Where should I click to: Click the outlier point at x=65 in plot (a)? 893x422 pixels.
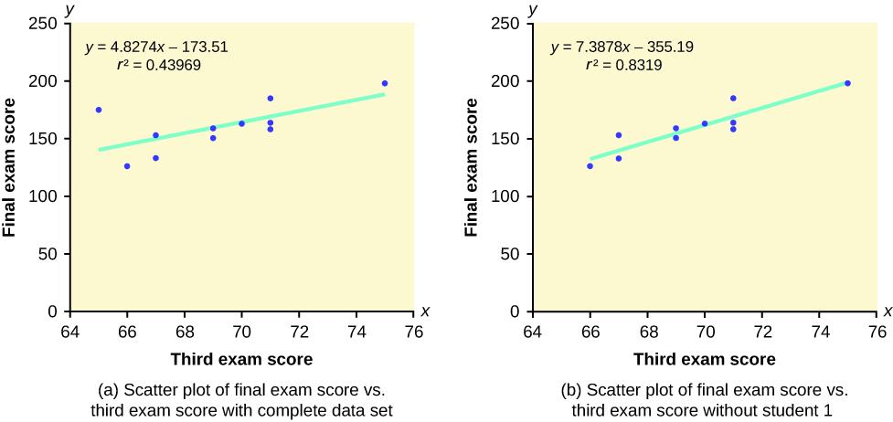(x=98, y=110)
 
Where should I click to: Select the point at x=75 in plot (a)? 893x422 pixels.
(x=385, y=83)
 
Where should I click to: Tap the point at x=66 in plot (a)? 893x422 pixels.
(x=127, y=166)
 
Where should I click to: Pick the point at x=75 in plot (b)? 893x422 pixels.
(x=847, y=83)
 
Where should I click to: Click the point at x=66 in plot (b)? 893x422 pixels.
(x=590, y=166)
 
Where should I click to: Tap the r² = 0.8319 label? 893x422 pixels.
(x=623, y=66)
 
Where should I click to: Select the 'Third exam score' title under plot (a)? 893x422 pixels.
(x=241, y=359)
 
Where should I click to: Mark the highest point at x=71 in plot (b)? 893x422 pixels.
(x=733, y=98)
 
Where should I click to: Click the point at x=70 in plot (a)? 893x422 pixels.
(x=241, y=123)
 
